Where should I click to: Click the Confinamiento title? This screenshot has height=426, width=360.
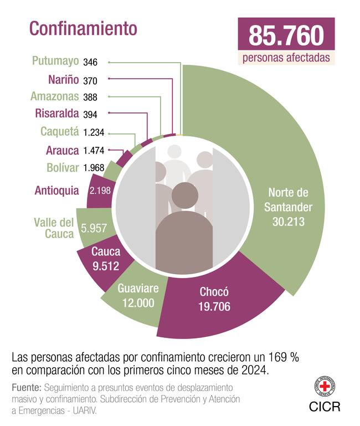pos(83,28)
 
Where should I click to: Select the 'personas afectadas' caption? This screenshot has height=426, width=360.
pos(286,58)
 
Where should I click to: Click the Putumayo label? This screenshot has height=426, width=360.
pos(55,61)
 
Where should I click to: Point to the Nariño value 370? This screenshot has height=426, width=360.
pos(90,81)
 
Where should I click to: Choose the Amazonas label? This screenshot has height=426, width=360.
pos(55,96)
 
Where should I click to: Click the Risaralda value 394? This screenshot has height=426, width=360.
pos(90,115)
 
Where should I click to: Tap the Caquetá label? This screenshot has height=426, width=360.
pos(59,132)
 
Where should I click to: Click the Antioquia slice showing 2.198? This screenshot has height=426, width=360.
pos(100,191)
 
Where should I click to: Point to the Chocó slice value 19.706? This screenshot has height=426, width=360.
pos(214,306)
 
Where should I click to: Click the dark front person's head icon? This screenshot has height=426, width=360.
pos(184,196)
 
